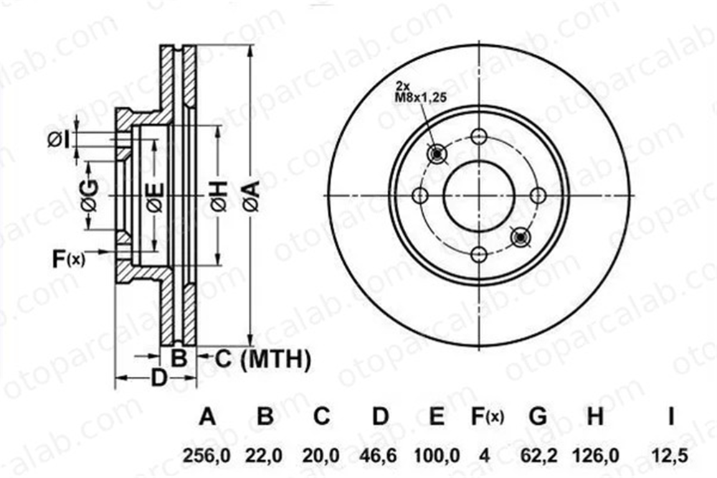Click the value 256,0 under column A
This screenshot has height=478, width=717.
pos(207,456)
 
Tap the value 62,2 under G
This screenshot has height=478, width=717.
pos(538,456)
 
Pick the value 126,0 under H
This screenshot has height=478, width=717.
pos(595,456)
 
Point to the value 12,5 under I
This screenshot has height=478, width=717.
pos(670,456)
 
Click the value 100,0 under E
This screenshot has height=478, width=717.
pos(437,456)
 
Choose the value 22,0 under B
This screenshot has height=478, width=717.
pos(265,456)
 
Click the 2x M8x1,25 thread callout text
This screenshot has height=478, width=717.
pos(420,92)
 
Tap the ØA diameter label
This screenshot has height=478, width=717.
pos(252,196)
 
